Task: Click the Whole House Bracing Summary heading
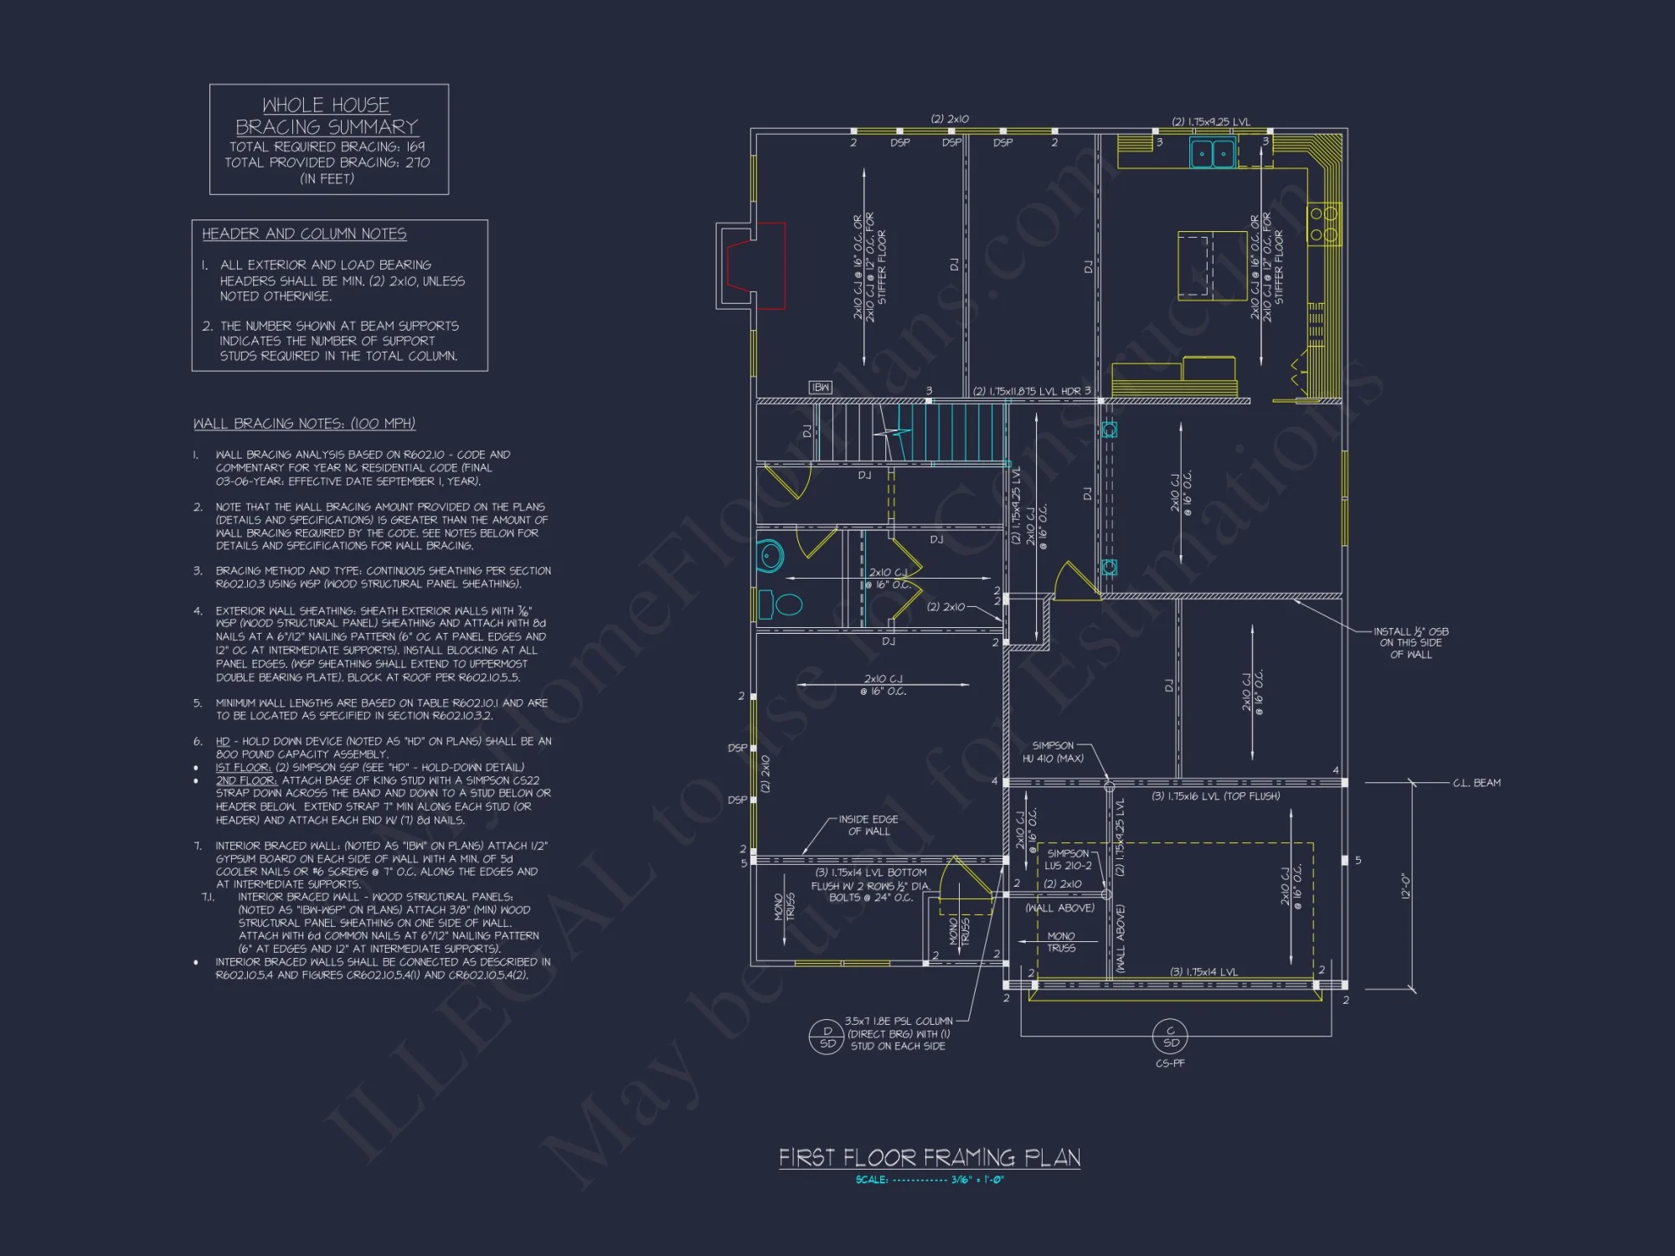(x=327, y=116)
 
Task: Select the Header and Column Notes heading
(x=304, y=234)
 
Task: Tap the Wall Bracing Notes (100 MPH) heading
(x=304, y=424)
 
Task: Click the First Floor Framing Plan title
(x=929, y=1158)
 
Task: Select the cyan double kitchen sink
(x=1212, y=153)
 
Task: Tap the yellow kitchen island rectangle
(x=1212, y=265)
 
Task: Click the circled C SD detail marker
(x=1170, y=1037)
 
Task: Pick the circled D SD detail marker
(x=827, y=1037)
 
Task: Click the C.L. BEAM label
(x=1477, y=783)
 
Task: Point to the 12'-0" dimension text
(x=1406, y=886)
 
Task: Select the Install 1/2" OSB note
(x=1410, y=643)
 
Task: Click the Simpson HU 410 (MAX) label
(x=1053, y=752)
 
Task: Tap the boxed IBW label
(x=820, y=387)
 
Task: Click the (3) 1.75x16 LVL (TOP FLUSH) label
(x=1215, y=796)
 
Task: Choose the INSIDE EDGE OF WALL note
(x=868, y=826)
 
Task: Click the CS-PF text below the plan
(x=1170, y=1063)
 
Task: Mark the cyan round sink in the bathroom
(x=770, y=555)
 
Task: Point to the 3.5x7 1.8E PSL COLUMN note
(x=898, y=1033)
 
